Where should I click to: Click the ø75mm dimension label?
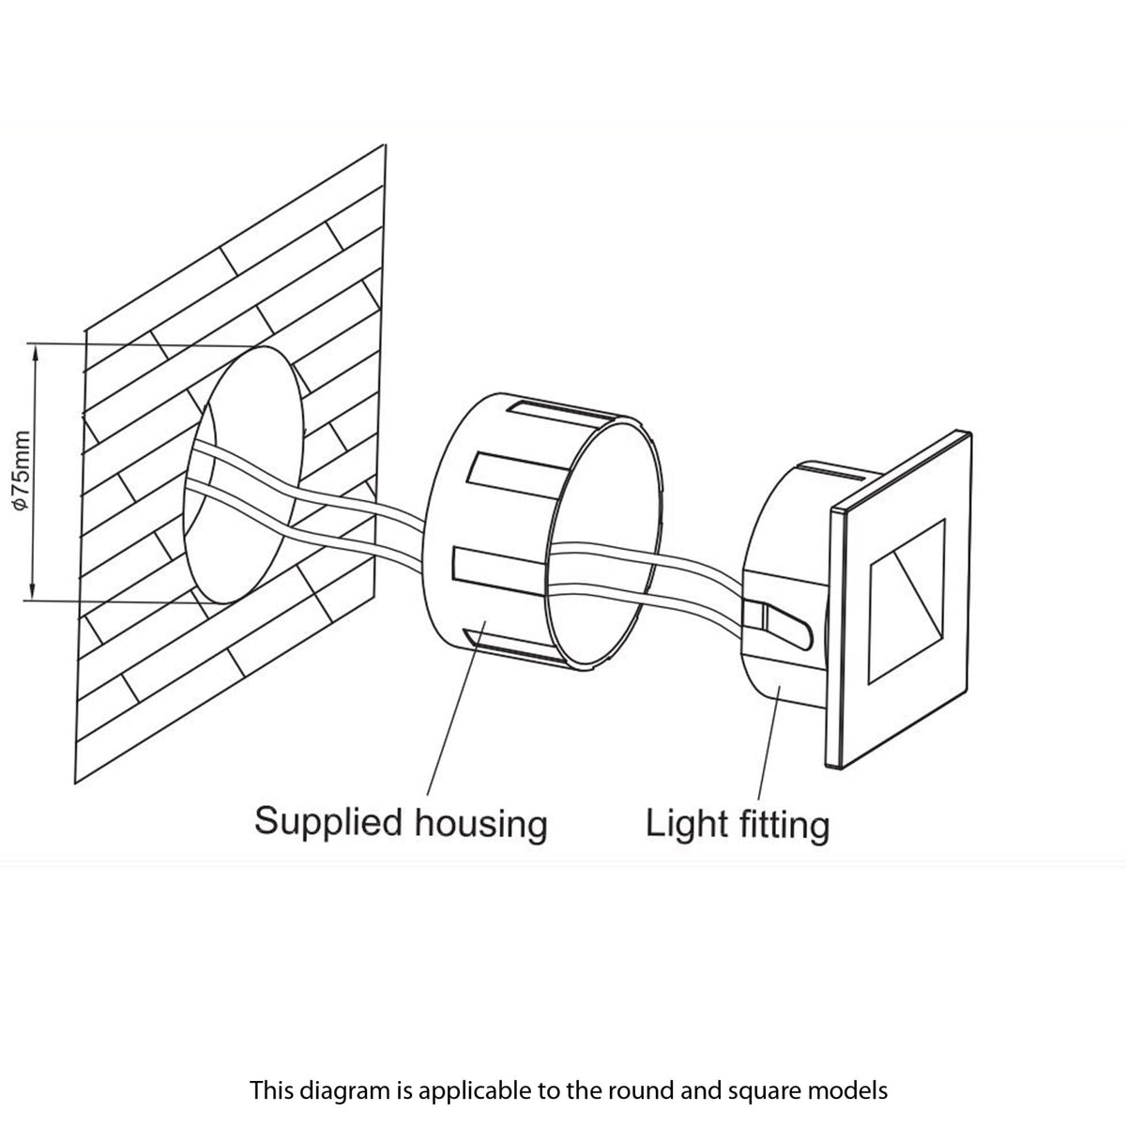23,470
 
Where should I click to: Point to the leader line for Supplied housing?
454,713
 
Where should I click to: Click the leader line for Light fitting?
767,741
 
